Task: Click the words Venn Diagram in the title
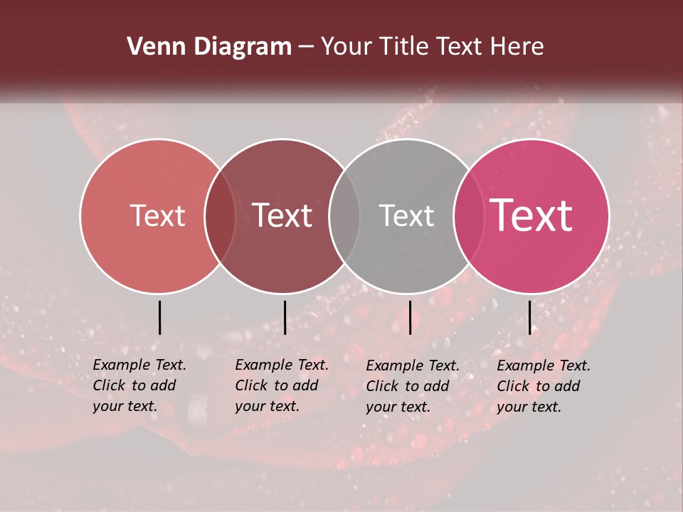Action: tap(209, 47)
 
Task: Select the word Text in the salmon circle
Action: tap(157, 215)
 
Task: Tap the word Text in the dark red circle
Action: tap(282, 215)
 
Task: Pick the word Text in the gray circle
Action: tap(406, 215)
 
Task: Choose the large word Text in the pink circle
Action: tap(531, 215)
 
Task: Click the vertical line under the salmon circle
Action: tap(159, 317)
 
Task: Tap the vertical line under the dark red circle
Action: tap(285, 317)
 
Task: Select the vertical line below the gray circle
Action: tap(410, 317)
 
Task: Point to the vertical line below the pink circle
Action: tap(530, 317)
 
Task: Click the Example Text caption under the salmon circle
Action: tap(139, 385)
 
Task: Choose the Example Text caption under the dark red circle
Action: tap(282, 385)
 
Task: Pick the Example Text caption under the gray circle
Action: tap(413, 386)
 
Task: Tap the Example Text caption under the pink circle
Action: tap(544, 386)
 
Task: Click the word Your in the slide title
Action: tap(347, 47)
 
